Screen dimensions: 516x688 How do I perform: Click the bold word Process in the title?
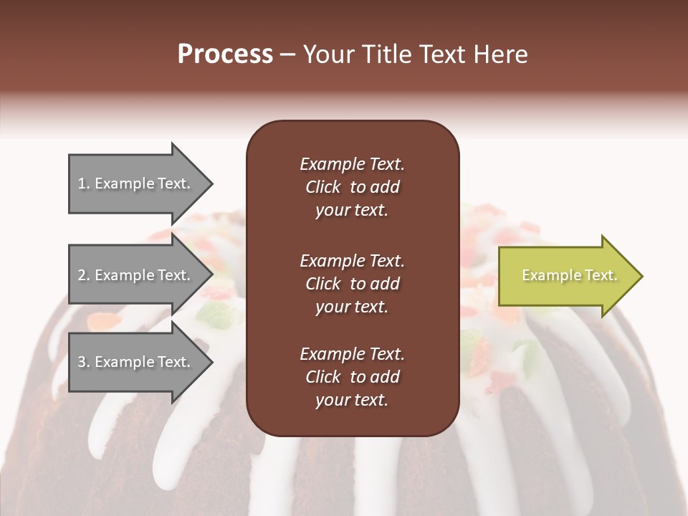[225, 54]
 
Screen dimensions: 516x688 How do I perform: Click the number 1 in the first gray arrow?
[82, 183]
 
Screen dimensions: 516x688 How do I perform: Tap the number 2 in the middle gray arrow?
[82, 275]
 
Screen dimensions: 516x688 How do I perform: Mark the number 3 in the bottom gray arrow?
[82, 362]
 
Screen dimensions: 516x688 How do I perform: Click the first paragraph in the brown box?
[352, 187]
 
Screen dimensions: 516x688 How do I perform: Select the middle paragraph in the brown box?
[352, 284]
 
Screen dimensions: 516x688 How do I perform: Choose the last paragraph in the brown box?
[352, 377]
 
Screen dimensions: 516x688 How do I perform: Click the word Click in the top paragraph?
[322, 187]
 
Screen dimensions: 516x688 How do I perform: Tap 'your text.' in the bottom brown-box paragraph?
[352, 400]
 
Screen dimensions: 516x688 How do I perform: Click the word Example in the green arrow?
[547, 275]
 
